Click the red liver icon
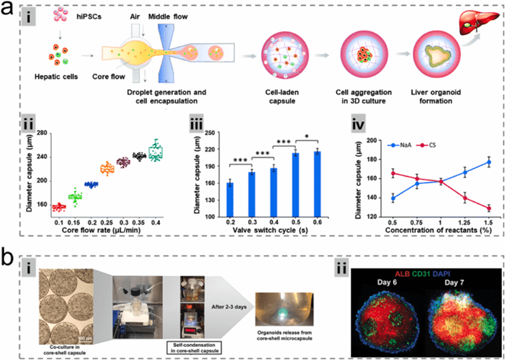click(x=478, y=27)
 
